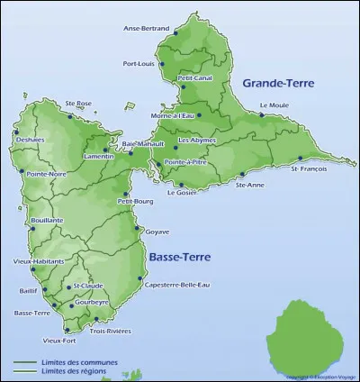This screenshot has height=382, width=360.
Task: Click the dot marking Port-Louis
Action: click(162, 63)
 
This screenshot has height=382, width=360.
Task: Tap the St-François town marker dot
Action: click(301, 158)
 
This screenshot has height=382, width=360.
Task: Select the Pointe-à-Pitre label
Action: click(186, 162)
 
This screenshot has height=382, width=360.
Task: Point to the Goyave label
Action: click(157, 232)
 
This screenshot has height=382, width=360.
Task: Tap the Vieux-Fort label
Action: click(59, 341)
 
